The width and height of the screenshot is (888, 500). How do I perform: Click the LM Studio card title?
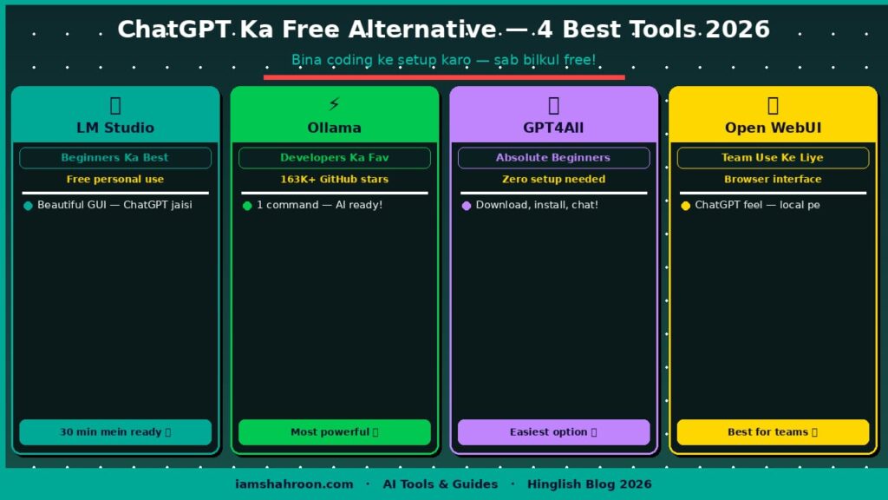click(x=115, y=128)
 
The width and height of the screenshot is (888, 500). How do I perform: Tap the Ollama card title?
click(x=334, y=128)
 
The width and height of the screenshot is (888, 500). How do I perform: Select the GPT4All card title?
click(x=553, y=128)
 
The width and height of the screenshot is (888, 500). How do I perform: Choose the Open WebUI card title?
click(x=773, y=128)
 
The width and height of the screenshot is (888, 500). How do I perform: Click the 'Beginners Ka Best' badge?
click(x=115, y=158)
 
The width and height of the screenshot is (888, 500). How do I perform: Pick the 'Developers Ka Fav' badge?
click(x=334, y=158)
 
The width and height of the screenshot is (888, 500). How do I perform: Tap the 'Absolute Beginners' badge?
click(x=553, y=158)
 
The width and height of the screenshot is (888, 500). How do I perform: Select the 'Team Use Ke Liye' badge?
click(x=773, y=158)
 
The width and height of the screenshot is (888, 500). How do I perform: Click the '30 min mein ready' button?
click(x=115, y=432)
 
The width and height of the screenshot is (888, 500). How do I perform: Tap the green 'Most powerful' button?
click(x=334, y=432)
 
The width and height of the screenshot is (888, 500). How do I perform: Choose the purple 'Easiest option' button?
click(x=553, y=432)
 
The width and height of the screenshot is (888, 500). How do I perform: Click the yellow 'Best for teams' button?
click(x=773, y=432)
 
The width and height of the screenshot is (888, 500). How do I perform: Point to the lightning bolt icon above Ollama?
click(x=334, y=105)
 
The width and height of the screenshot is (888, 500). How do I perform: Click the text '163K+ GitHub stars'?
click(x=334, y=180)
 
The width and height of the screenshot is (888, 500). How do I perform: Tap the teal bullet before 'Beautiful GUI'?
click(x=28, y=206)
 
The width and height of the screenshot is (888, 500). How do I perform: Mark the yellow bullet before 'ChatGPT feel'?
click(x=685, y=206)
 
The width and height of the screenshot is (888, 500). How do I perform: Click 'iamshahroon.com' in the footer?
click(x=294, y=484)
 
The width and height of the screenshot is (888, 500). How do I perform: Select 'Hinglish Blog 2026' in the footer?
click(x=589, y=484)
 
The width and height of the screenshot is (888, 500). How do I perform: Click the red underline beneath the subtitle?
click(x=444, y=76)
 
